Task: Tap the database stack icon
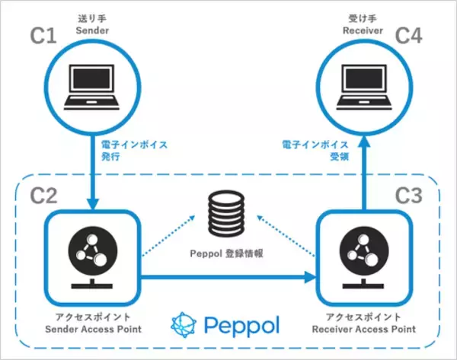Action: tap(228, 214)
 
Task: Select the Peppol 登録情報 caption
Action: tap(228, 254)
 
